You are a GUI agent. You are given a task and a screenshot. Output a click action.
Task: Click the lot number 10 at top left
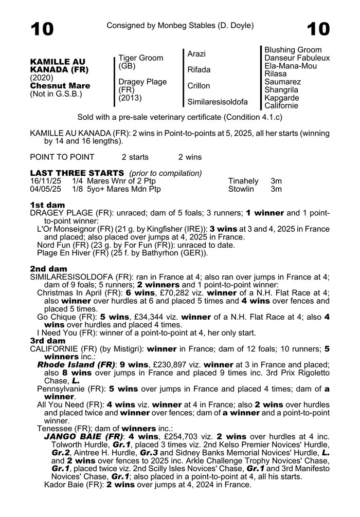tap(42, 29)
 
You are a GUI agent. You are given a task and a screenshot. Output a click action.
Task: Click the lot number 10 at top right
tap(317, 29)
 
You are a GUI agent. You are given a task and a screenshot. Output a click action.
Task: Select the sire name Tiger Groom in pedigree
tap(140, 58)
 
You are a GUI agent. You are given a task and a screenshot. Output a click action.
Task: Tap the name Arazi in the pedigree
tap(197, 53)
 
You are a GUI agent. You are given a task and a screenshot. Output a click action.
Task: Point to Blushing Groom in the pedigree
tap(293, 50)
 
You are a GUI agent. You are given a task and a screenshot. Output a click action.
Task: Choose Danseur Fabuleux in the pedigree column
tap(297, 58)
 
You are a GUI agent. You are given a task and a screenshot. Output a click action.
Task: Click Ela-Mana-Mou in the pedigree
tap(291, 66)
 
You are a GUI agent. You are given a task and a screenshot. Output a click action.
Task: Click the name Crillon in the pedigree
tap(199, 86)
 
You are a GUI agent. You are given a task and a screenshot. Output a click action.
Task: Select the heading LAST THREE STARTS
tap(77, 173)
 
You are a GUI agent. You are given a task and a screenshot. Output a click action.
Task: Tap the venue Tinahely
tap(243, 181)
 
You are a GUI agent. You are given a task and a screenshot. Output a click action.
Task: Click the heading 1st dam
tap(47, 205)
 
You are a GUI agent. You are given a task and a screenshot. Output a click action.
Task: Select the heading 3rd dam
tap(48, 341)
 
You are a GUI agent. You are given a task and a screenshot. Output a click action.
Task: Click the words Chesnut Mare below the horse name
tap(60, 86)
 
